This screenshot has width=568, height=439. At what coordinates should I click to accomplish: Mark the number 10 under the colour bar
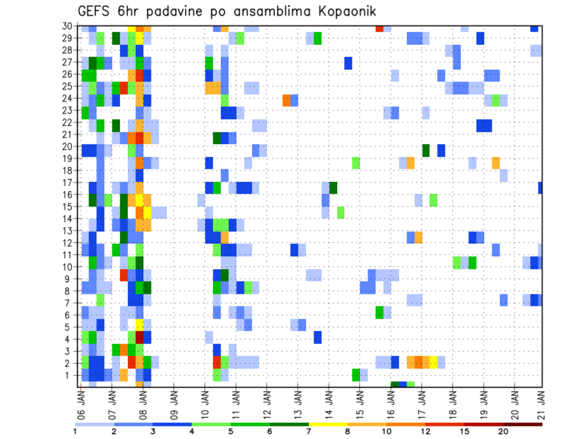(386, 431)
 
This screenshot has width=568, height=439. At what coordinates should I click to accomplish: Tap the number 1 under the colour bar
(75, 431)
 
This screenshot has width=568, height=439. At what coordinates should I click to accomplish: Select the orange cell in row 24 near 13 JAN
(286, 100)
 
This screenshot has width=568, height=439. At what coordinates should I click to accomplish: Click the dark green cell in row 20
(426, 150)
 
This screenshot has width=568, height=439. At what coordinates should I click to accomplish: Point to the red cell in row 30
(379, 28)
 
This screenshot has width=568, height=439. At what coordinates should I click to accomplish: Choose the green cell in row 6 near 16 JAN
(379, 312)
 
